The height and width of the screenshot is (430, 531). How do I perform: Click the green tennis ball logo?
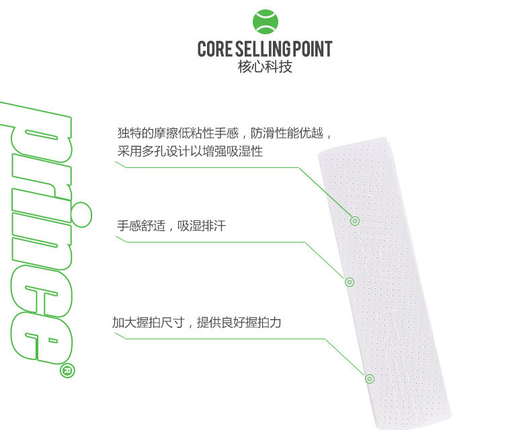(265, 21)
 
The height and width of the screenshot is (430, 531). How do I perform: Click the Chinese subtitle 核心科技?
(265, 67)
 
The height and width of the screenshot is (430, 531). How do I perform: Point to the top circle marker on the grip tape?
(355, 220)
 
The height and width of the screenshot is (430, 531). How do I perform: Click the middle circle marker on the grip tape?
(349, 282)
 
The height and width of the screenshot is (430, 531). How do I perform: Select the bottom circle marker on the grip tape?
(369, 378)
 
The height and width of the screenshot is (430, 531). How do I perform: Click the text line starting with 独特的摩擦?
(225, 132)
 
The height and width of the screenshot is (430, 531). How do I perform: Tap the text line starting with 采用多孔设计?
(190, 152)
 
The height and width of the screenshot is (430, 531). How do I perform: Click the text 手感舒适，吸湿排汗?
(171, 226)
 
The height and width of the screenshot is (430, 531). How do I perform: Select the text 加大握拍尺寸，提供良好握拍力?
(196, 322)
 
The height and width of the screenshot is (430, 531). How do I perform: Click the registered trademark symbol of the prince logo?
(68, 370)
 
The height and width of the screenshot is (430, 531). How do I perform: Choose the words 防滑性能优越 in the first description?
(291, 132)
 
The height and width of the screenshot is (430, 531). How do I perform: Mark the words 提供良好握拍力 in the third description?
(239, 322)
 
